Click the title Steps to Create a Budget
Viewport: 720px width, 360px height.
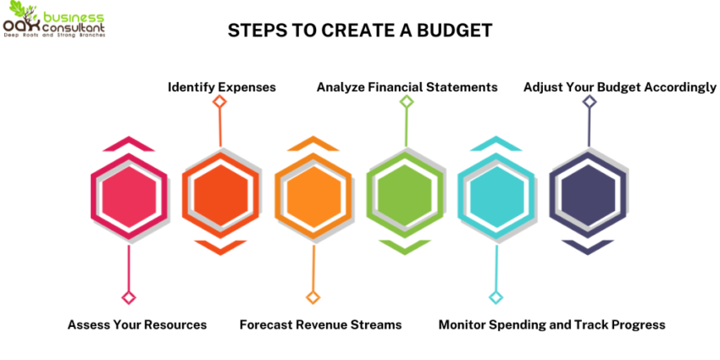pyautogui.click(x=360, y=30)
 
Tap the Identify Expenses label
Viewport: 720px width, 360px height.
pyautogui.click(x=222, y=87)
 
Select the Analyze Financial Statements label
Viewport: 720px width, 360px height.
pyautogui.click(x=407, y=87)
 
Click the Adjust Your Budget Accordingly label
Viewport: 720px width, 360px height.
pyautogui.click(x=619, y=87)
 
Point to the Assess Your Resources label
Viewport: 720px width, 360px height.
pyautogui.click(x=137, y=324)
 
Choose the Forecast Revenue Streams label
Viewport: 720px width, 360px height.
pyautogui.click(x=320, y=324)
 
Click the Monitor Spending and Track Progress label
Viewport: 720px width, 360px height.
pyautogui.click(x=551, y=324)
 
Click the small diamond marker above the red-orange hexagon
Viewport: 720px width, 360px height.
pyautogui.click(x=220, y=102)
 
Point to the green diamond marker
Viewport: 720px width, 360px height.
pyautogui.click(x=407, y=102)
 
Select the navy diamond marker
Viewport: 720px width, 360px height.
pyautogui.click(x=590, y=102)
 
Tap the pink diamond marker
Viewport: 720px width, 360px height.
pyautogui.click(x=129, y=297)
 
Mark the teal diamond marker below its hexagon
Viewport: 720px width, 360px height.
pyautogui.click(x=496, y=297)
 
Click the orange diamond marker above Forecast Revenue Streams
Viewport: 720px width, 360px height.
pyautogui.click(x=313, y=297)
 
